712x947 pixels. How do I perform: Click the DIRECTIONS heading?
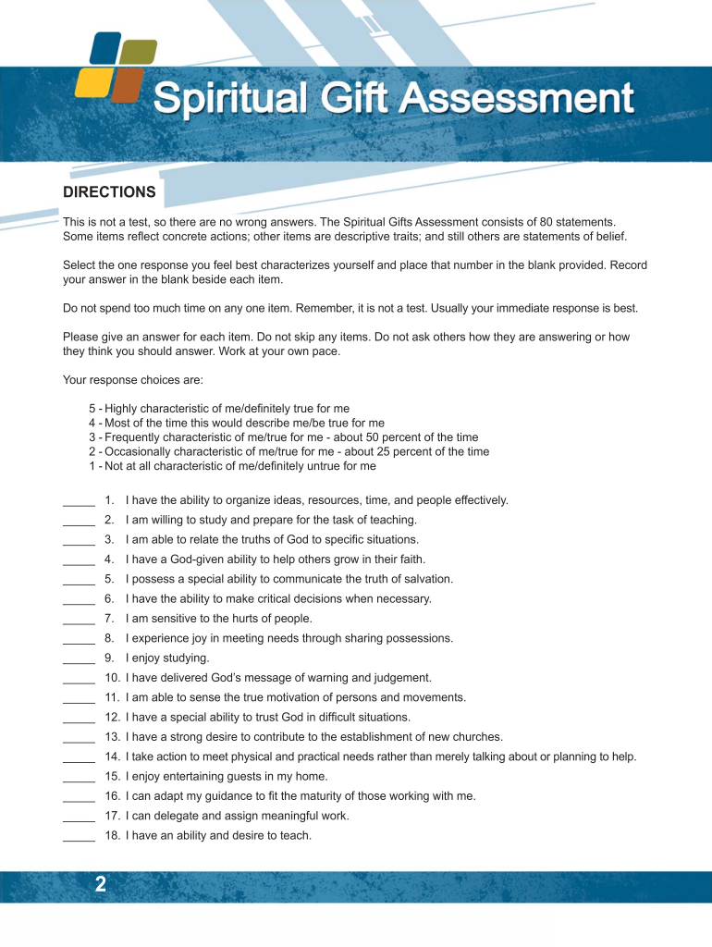[108, 192]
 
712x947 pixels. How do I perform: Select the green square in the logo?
[139, 52]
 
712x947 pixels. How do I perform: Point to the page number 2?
[100, 885]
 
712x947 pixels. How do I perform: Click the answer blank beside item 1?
[79, 502]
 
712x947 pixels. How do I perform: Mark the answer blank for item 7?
[79, 621]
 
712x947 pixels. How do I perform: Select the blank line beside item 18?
[79, 838]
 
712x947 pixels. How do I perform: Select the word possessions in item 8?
[420, 638]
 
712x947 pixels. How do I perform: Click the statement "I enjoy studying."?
[167, 658]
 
